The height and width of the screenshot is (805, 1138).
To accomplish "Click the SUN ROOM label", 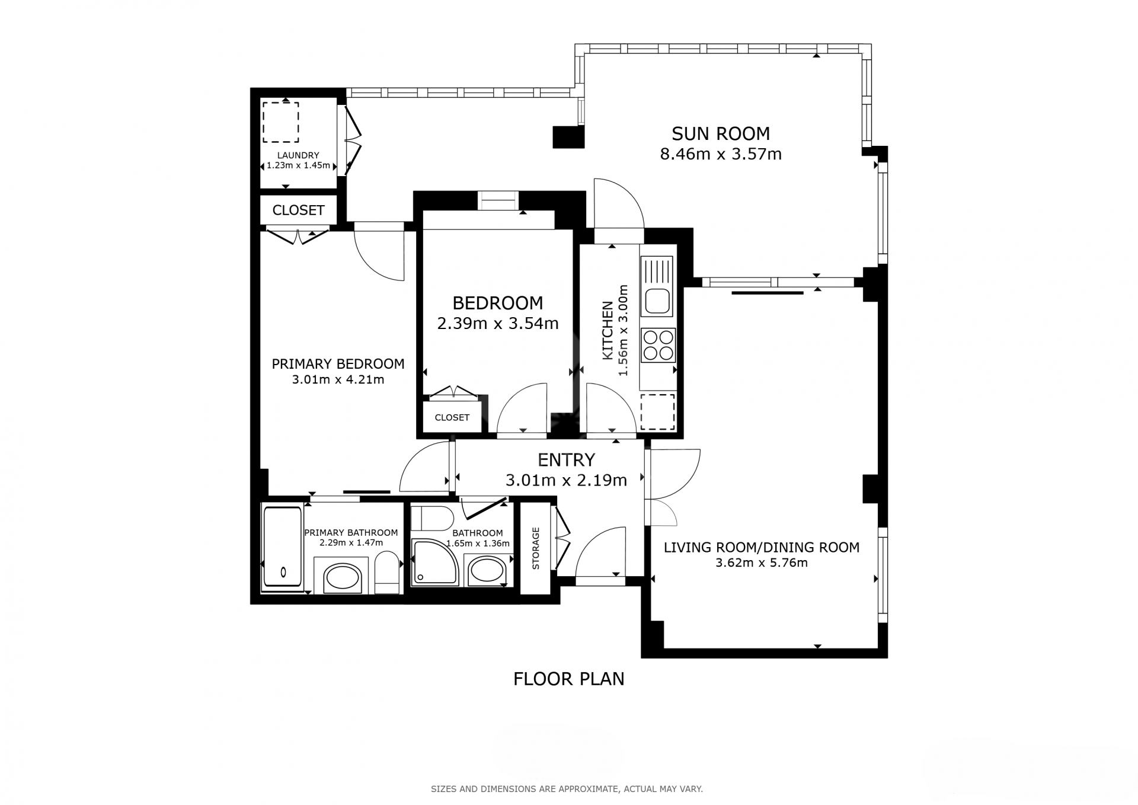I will pos(720,133).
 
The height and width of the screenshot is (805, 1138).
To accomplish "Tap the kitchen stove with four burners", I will pos(658,345).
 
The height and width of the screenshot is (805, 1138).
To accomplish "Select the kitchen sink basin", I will pos(657,301).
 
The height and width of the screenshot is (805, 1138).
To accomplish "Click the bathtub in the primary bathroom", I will pos(282,547).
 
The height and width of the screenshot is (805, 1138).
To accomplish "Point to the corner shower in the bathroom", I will pos(435,561).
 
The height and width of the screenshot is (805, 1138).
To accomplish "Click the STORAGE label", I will pos(536,548).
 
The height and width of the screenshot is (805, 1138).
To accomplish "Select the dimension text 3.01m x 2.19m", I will pos(566,480).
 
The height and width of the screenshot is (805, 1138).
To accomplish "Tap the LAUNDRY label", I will pos(298,155).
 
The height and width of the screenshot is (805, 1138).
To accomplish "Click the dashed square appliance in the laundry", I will pos(281,122).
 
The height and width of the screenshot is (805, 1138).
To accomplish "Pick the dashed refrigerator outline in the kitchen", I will pos(657,412).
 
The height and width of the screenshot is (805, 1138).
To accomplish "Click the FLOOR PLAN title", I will pos(568,679).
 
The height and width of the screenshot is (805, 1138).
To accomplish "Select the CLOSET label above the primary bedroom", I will pos(298,210).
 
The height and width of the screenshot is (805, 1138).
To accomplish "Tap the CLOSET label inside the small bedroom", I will pos(452,417).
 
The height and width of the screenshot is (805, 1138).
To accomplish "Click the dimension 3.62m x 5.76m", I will pos(761,563).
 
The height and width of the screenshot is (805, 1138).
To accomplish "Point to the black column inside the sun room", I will pos(568,137).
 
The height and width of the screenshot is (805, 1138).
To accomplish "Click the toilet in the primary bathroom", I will pos(388,572).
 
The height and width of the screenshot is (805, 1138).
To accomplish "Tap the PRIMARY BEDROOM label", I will pos(338,364).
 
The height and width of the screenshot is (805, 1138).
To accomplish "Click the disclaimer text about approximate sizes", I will pos(567,789).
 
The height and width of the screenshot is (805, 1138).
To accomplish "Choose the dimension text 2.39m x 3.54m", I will pos(497,324).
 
